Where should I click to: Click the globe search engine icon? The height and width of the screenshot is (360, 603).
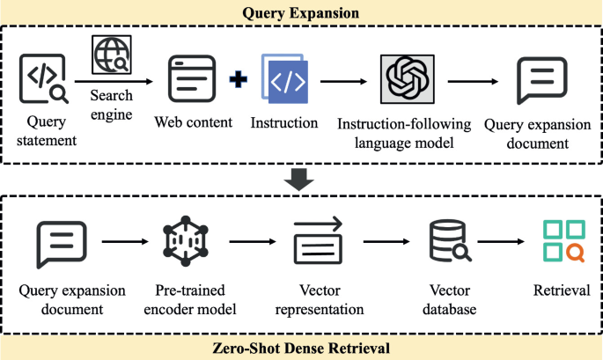pyautogui.click(x=112, y=55)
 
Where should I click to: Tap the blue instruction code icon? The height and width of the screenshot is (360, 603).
pyautogui.click(x=283, y=79)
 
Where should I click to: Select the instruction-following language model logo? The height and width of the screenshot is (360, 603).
pyautogui.click(x=408, y=80)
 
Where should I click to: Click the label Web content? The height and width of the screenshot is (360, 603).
pyautogui.click(x=193, y=121)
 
